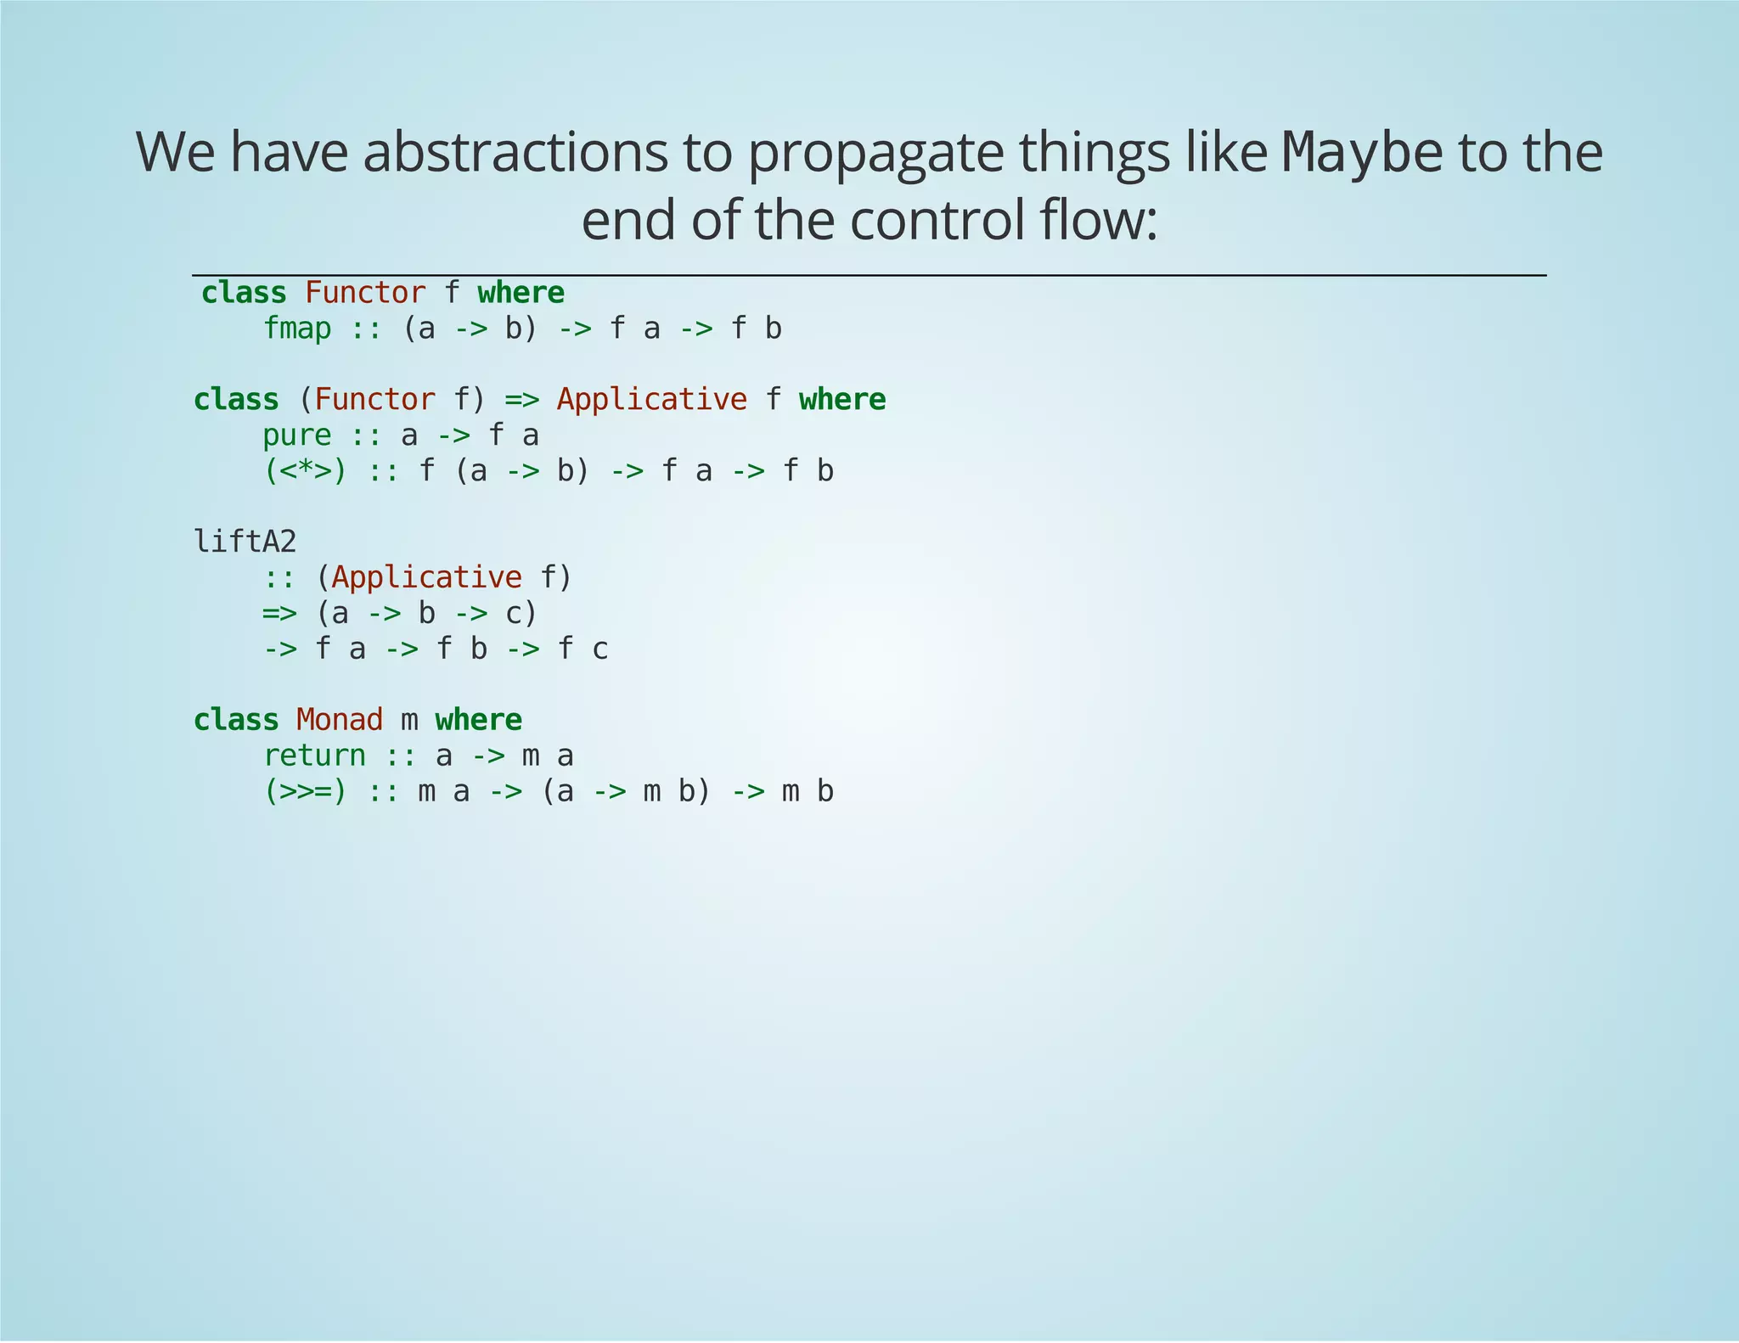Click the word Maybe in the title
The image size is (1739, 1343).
[1361, 153]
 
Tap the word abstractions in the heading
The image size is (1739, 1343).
[515, 153]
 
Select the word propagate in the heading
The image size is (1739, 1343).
[875, 153]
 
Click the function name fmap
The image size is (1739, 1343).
[296, 329]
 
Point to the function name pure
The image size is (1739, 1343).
[296, 435]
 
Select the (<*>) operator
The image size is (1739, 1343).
[305, 471]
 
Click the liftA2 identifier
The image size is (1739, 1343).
[245, 542]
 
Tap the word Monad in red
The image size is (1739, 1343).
[340, 720]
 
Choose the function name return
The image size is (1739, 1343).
[314, 756]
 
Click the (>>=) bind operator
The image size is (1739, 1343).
[305, 791]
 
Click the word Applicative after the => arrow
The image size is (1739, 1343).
[651, 400]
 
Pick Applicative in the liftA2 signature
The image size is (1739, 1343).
[426, 577]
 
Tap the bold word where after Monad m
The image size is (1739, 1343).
[478, 720]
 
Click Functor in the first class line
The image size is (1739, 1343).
[365, 293]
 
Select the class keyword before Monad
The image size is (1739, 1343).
[236, 720]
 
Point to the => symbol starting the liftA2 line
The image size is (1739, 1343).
[279, 613]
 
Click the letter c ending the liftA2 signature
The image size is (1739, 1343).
[600, 649]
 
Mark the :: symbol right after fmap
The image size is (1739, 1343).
[366, 329]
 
